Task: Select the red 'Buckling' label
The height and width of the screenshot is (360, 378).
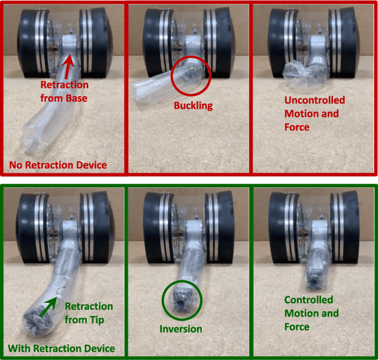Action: click(x=193, y=106)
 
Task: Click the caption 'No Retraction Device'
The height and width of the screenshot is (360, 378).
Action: click(x=57, y=165)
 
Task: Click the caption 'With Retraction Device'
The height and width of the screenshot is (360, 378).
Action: click(x=61, y=348)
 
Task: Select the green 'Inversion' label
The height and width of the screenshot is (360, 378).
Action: click(x=181, y=329)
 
